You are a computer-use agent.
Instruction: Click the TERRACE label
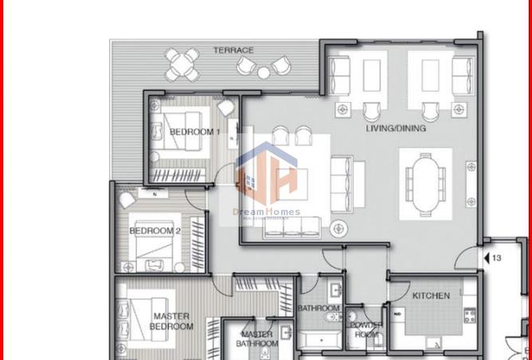(233, 50)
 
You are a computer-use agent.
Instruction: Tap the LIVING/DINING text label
(395, 128)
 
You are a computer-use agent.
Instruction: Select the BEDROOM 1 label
(194, 132)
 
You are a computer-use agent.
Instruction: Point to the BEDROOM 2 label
(155, 231)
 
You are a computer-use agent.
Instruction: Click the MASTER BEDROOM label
(172, 321)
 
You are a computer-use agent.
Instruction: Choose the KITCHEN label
(431, 295)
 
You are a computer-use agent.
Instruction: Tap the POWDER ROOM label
(366, 330)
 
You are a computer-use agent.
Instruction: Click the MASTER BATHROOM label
(256, 339)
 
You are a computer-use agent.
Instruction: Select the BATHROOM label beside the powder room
(319, 308)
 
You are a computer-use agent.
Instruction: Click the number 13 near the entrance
(496, 258)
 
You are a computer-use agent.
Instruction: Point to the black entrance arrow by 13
(486, 258)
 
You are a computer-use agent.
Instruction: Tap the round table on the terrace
(184, 64)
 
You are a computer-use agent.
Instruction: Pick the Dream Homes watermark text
(266, 212)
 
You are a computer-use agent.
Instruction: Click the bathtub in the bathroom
(319, 339)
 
